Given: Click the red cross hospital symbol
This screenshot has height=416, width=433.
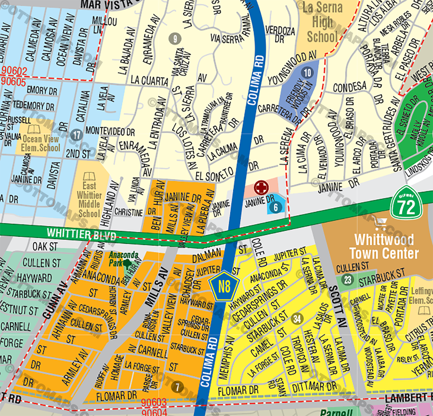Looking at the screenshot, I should click(261, 187).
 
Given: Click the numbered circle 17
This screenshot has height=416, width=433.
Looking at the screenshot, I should click(77, 135).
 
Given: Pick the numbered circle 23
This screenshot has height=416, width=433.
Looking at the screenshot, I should click(348, 280).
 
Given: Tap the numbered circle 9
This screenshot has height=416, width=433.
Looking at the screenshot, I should click(173, 39).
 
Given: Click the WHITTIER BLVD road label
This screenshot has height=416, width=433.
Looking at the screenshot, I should click(81, 234).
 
